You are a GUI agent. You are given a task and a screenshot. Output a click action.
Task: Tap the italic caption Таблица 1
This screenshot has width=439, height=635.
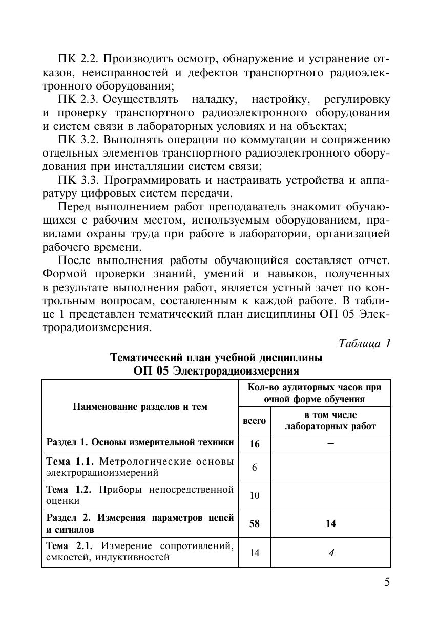(x=365, y=343)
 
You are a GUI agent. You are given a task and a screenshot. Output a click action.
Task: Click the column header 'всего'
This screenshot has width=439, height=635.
(x=254, y=421)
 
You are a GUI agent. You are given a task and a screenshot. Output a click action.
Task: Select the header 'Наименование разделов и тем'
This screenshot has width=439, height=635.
(x=140, y=407)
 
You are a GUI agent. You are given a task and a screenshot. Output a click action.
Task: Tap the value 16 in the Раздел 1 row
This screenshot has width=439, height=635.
(x=254, y=444)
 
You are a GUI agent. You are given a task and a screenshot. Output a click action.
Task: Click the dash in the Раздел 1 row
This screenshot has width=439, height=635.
(x=330, y=444)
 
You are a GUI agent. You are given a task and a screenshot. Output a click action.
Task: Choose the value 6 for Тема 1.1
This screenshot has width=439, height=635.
(x=254, y=467)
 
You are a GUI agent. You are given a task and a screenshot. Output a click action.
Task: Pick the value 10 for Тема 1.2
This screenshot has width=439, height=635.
(x=254, y=495)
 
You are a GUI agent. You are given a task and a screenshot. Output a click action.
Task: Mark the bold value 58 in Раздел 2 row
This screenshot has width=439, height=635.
(x=254, y=523)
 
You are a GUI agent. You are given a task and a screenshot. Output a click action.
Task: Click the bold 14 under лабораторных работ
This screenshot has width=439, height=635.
(x=330, y=523)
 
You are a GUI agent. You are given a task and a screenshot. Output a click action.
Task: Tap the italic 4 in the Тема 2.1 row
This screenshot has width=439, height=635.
(x=330, y=552)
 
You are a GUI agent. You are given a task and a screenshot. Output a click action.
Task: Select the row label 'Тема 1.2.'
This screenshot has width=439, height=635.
(x=69, y=489)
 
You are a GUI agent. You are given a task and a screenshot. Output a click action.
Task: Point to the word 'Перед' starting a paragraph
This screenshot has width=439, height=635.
(x=75, y=207)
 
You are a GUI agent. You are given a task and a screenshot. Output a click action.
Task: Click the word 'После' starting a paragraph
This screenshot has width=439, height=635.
(x=75, y=260)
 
